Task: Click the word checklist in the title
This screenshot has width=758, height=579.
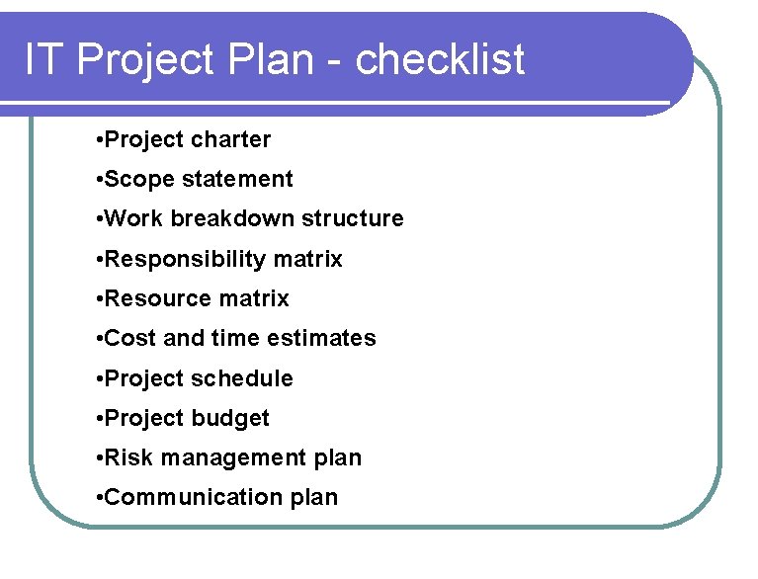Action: pyautogui.click(x=440, y=61)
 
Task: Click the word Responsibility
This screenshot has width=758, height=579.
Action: pyautogui.click(x=185, y=260)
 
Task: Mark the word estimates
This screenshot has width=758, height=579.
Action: pyautogui.click(x=326, y=339)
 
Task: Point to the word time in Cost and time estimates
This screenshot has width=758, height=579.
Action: pyautogui.click(x=236, y=339)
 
